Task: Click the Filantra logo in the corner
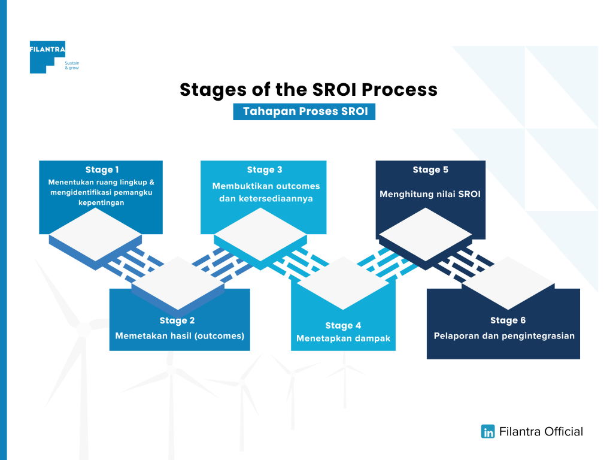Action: coord(47,57)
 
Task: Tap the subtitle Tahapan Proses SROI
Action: coord(304,112)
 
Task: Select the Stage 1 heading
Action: coord(102,170)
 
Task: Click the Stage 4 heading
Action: coord(343,325)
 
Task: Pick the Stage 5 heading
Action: coord(430,170)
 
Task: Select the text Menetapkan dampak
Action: coord(343,338)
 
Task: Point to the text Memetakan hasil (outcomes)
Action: coord(180,335)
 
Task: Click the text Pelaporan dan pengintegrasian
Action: coord(504,335)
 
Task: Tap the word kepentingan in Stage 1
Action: coord(102,202)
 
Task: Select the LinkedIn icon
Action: coord(488,431)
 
